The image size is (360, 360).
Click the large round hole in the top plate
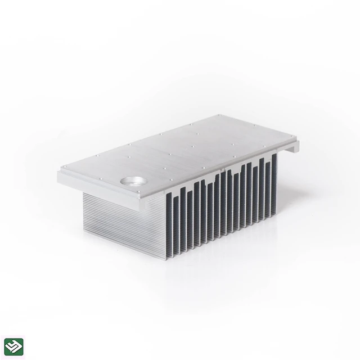pyautogui.click(x=130, y=182)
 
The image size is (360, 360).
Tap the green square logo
pyautogui.click(x=13, y=346)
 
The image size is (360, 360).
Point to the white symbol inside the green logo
pyautogui.click(x=13, y=346)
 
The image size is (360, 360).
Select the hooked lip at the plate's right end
pyautogui.click(x=293, y=147)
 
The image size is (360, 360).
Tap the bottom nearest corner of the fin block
pyautogui.click(x=167, y=259)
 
